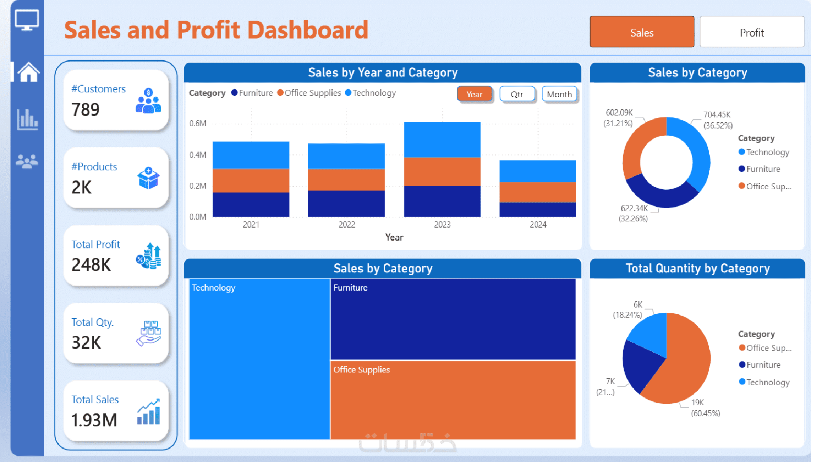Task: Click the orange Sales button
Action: click(x=641, y=32)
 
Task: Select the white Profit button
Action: click(x=752, y=32)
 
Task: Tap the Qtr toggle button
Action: click(x=517, y=94)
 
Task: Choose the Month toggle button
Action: click(x=559, y=94)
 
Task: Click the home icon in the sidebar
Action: click(x=28, y=72)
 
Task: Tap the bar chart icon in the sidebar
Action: click(x=27, y=119)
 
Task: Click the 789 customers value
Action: click(x=86, y=110)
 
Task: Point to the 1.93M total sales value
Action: click(x=94, y=420)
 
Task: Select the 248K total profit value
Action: click(x=91, y=265)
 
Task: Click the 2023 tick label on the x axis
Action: click(x=442, y=225)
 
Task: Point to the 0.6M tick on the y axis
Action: click(x=198, y=123)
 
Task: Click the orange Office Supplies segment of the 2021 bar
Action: click(x=251, y=180)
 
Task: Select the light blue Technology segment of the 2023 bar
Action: click(x=442, y=140)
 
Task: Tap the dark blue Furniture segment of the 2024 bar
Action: click(x=538, y=209)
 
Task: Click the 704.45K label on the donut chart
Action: click(x=716, y=115)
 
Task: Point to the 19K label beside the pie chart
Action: click(x=698, y=402)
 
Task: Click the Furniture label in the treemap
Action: click(x=351, y=288)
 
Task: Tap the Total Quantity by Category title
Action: click(x=697, y=269)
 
